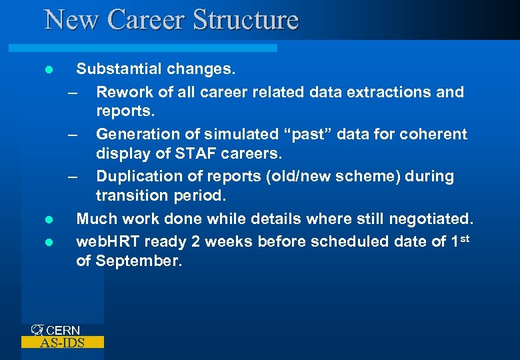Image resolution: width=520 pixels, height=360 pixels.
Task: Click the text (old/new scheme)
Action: (x=341, y=177)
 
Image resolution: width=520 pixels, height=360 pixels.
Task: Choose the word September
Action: (x=139, y=261)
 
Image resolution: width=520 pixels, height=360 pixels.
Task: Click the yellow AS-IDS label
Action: (x=62, y=343)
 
